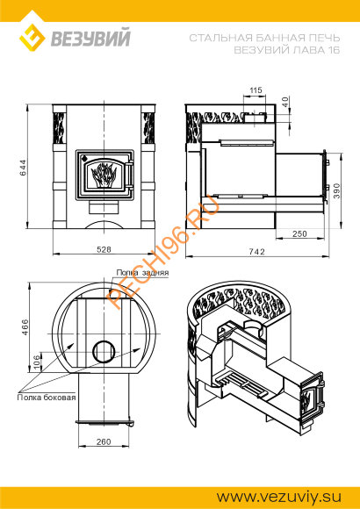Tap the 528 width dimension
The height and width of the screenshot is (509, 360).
104,249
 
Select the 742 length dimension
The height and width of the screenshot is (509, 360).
257,252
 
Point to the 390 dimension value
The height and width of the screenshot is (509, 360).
336,191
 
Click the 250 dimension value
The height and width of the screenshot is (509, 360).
299,233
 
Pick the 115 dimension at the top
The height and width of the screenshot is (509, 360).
256,90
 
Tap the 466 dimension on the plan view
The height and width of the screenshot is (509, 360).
25,328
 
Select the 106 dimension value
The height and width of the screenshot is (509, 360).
37,362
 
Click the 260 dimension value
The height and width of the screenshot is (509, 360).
104,441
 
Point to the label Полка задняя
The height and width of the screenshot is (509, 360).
142,273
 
